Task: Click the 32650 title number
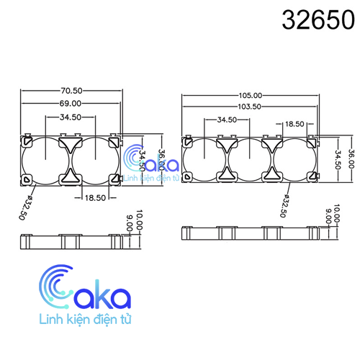pos(318,19)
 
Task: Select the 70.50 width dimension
pos(71,91)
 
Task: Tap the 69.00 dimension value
pos(71,104)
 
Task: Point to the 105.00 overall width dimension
pos(251,96)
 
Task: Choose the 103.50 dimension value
pos(249,107)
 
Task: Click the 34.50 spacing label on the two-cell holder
pos(71,117)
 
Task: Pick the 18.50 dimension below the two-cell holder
pos(95,198)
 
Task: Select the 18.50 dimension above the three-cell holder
pos(294,124)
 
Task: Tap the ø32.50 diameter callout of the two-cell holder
pos(25,207)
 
